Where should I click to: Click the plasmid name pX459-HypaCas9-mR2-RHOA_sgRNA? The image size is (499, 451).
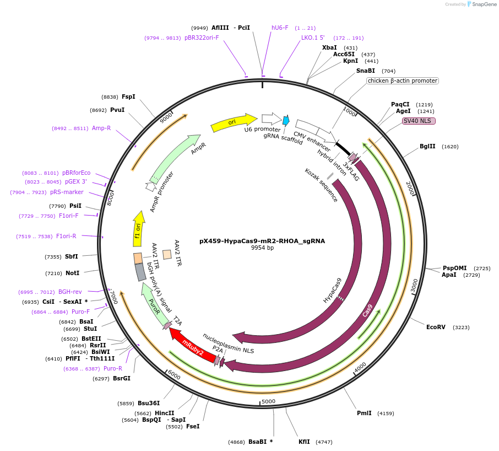[x=262, y=241]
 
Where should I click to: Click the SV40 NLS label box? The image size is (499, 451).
[x=419, y=121]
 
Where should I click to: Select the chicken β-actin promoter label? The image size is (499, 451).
[x=403, y=80]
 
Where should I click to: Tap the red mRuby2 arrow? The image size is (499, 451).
[x=193, y=345]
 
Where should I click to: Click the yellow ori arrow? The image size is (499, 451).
[x=234, y=122]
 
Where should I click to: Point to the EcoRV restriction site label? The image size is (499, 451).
[x=436, y=327]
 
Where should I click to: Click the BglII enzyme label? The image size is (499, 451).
[x=427, y=147]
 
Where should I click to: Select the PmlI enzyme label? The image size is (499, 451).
[x=364, y=413]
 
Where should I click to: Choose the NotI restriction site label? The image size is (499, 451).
[x=73, y=273]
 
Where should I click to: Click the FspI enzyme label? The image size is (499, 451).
[x=128, y=96]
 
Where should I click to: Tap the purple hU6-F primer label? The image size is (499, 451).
[x=280, y=28]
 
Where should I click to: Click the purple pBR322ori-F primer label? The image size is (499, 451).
[x=202, y=37]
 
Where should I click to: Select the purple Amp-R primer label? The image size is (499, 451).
[x=101, y=128]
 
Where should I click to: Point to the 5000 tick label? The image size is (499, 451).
[x=268, y=401]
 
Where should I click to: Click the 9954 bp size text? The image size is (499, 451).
[x=262, y=249]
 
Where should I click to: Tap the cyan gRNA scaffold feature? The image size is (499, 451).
[x=286, y=121]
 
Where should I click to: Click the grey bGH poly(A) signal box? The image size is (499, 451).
[x=141, y=272]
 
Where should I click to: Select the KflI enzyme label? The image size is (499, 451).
[x=305, y=442]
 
